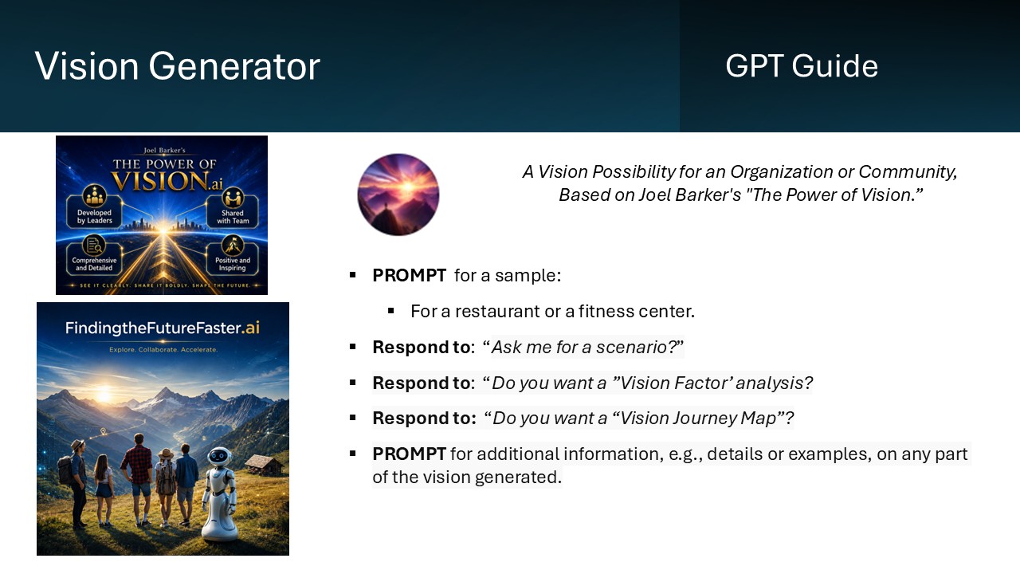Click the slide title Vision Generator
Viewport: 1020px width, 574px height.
(177, 66)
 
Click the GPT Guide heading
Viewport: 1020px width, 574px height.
(802, 66)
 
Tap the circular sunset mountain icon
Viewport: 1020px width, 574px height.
(398, 195)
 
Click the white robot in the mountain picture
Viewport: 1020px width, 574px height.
(219, 493)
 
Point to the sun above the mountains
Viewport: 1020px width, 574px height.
(104, 394)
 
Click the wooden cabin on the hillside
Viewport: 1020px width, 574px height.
(264, 465)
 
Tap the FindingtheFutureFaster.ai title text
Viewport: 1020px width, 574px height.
(163, 328)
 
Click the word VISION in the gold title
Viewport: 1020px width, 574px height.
(159, 181)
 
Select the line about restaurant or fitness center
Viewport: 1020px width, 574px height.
(552, 312)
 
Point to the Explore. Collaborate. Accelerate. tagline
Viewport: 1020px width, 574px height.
(163, 350)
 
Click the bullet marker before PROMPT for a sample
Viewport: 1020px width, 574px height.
(352, 275)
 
